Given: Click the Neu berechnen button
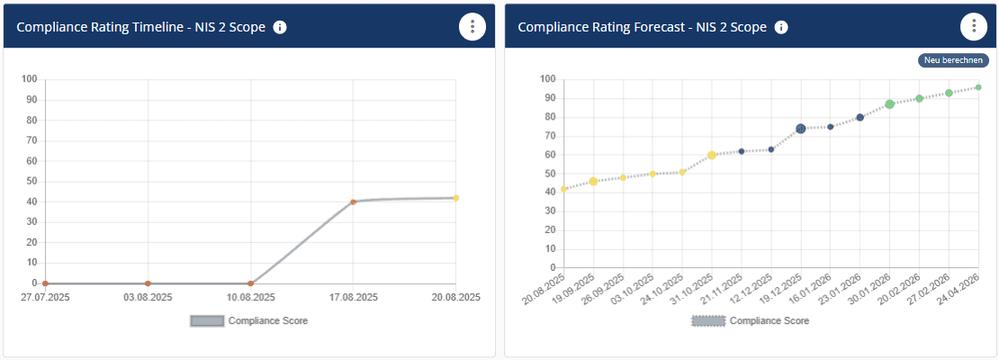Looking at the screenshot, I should pyautogui.click(x=953, y=60).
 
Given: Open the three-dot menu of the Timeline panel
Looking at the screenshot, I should pyautogui.click(x=472, y=27).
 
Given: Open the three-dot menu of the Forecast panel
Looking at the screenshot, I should pyautogui.click(x=974, y=27).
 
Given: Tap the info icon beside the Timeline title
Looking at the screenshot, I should pyautogui.click(x=280, y=27).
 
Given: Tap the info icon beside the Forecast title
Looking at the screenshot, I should pyautogui.click(x=781, y=27).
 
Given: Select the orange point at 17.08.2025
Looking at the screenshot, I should pyautogui.click(x=353, y=202).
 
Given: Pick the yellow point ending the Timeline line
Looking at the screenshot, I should pyautogui.click(x=455, y=198).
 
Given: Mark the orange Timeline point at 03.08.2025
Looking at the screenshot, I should pyautogui.click(x=148, y=283).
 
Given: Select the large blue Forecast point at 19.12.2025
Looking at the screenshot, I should pyautogui.click(x=800, y=129).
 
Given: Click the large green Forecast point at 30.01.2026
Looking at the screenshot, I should pyautogui.click(x=889, y=104).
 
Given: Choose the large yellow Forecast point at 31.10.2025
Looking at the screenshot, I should pyautogui.click(x=712, y=155).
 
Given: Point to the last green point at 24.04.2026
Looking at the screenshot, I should pyautogui.click(x=977, y=87).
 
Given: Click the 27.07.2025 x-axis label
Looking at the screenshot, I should pyautogui.click(x=45, y=297).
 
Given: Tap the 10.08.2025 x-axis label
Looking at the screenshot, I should pyautogui.click(x=250, y=297).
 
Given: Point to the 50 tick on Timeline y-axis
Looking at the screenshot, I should pyautogui.click(x=30, y=181).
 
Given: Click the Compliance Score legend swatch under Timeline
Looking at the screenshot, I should pyautogui.click(x=206, y=320).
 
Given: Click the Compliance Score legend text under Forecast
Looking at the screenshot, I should pyautogui.click(x=769, y=320).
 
